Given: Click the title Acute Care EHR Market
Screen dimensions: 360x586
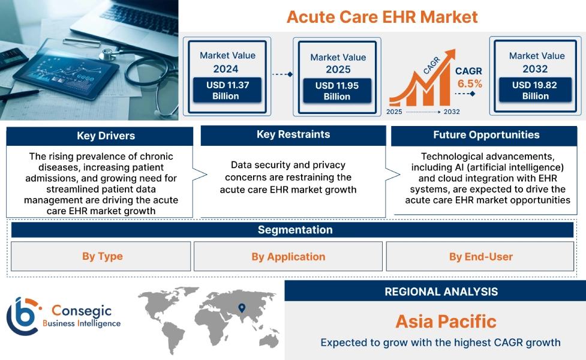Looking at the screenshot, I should coord(382,16).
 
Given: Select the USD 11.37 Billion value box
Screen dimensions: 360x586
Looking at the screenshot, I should coord(227,91).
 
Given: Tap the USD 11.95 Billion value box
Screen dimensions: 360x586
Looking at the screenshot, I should coord(337,91).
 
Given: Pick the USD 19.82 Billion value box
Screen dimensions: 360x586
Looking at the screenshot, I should coord(535,91).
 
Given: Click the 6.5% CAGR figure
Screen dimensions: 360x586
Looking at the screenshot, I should coord(470,84).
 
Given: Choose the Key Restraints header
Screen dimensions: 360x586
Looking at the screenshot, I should coord(293,135).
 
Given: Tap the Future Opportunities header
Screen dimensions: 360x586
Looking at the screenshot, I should coord(486,135).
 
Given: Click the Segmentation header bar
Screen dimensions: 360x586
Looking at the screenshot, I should coord(295,230).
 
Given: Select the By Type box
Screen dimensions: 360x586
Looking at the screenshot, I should coord(102,257).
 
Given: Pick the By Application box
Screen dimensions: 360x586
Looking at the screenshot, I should coord(288,257).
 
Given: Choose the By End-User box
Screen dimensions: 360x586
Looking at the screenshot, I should coord(480,257).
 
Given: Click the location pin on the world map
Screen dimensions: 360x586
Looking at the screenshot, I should coord(242,308).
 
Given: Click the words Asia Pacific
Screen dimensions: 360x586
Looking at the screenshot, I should coord(446,322).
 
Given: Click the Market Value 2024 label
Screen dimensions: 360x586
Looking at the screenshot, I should coord(227,62).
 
